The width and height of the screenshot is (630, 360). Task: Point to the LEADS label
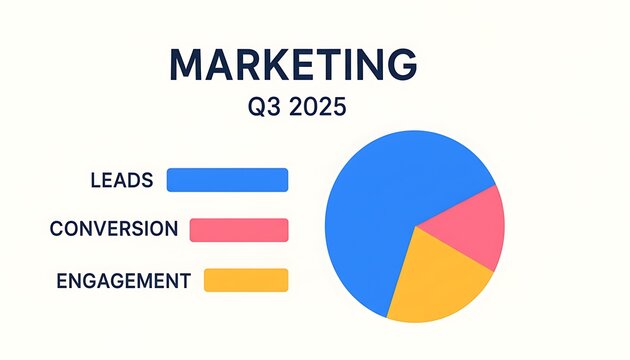pos(121,181)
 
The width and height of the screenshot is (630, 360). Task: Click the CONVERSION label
pos(114,230)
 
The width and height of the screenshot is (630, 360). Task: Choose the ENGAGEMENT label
pos(124,281)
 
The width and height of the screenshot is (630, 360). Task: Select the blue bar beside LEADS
pos(227,180)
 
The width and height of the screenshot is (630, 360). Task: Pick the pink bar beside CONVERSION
pos(238,230)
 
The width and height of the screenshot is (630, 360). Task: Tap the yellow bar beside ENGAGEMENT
pos(245,280)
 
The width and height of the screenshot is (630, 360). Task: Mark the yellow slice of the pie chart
pos(435,280)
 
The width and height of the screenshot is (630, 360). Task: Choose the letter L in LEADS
pos(94,181)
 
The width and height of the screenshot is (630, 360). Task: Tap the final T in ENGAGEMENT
pos(184,281)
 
